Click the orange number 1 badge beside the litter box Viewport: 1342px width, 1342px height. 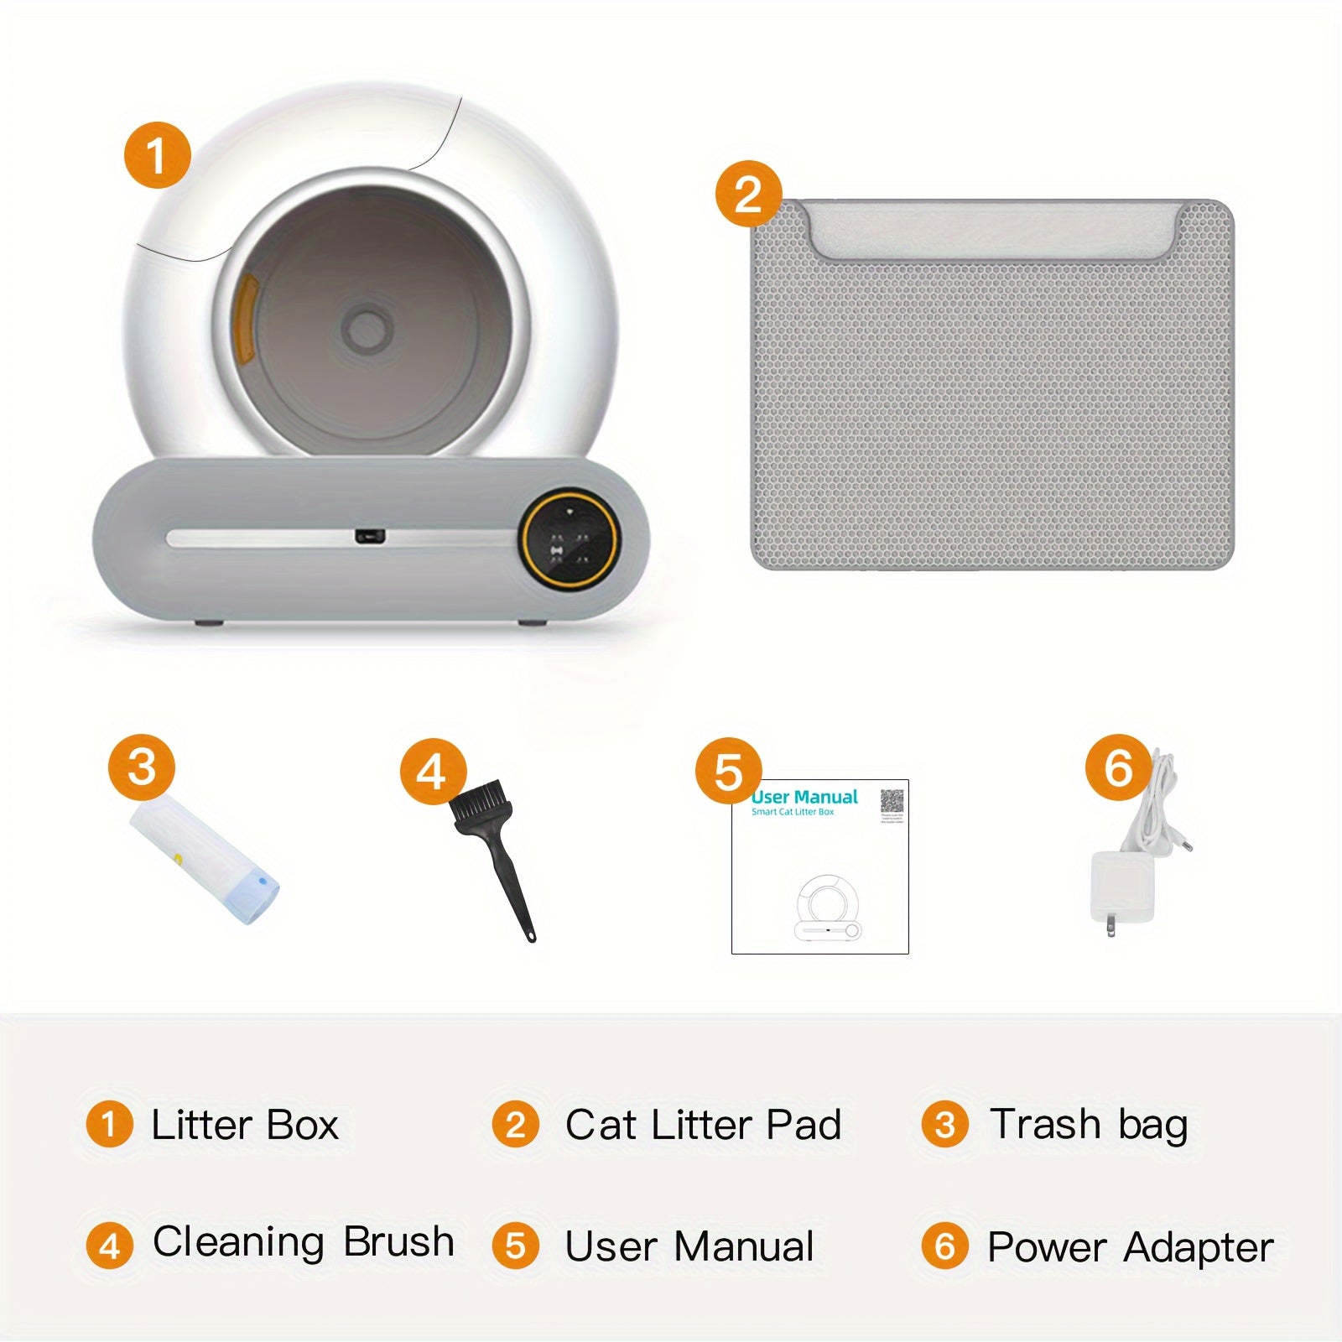click(158, 155)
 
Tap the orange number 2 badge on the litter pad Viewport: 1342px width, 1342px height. click(748, 194)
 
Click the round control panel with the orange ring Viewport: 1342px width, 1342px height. click(569, 538)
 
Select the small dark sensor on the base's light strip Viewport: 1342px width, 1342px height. click(369, 535)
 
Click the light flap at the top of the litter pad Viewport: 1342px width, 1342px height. click(991, 231)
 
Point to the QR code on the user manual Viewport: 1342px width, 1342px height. click(892, 801)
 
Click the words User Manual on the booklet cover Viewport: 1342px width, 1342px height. click(805, 797)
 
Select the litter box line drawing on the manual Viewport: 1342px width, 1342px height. click(827, 908)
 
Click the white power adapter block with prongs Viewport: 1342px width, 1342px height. click(1122, 887)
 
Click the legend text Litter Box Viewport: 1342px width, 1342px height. click(244, 1125)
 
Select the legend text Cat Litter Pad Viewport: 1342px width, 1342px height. click(702, 1125)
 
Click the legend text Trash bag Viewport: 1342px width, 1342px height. click(1088, 1125)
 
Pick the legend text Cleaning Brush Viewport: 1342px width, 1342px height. click(303, 1242)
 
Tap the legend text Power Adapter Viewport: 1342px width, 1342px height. click(1130, 1247)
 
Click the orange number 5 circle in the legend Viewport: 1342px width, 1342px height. click(516, 1246)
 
